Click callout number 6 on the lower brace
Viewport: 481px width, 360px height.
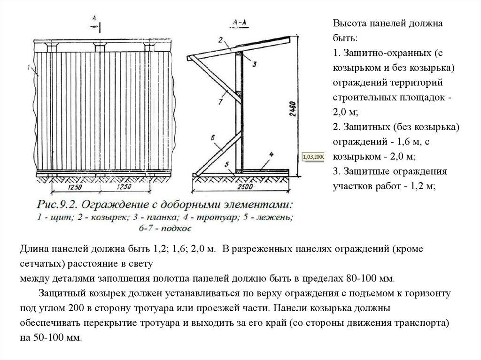213,138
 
